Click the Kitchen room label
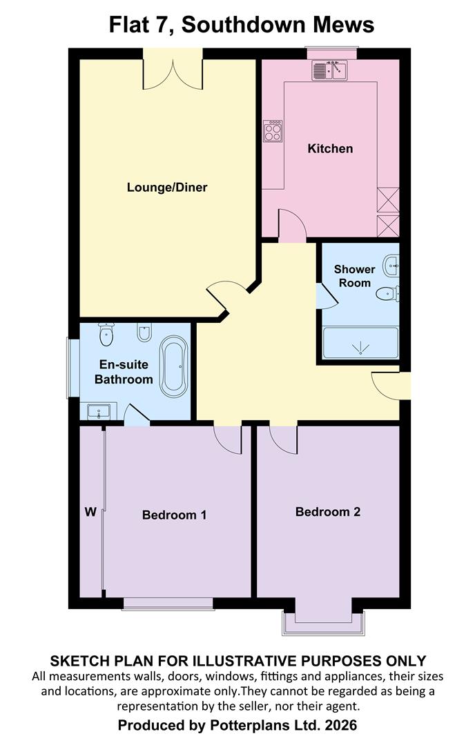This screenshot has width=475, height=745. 330,149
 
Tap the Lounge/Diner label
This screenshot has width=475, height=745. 167,187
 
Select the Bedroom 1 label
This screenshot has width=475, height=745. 174,515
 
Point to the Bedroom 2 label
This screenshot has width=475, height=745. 328,512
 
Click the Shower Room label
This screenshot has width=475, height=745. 354,276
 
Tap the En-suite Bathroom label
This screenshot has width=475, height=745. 124,372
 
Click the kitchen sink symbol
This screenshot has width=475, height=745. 329,70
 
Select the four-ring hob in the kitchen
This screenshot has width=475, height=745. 273,131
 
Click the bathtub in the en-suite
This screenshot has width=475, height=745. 173,366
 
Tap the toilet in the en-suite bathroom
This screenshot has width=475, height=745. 106,335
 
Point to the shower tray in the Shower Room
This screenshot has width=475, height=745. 360,343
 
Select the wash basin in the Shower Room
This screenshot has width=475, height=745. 391,265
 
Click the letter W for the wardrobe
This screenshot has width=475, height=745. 90,512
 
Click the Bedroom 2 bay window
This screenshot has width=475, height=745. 324,624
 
